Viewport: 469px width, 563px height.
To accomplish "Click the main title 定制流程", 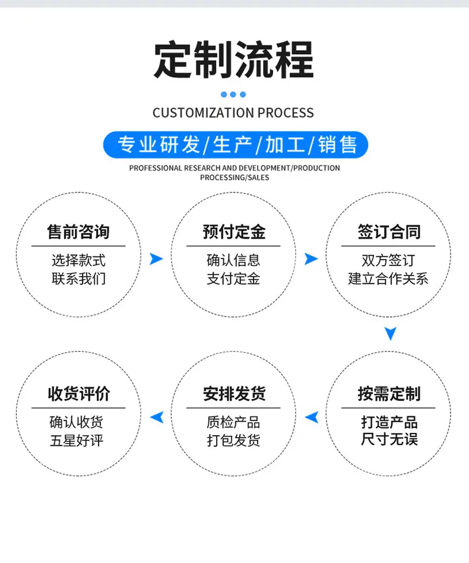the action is [233, 59].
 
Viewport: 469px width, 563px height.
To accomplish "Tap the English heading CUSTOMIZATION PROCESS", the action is [233, 113].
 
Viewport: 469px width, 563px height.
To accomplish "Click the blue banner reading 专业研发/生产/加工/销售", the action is [236, 145].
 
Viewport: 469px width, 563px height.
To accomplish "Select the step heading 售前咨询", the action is [78, 232].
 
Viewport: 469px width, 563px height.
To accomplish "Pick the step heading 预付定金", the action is [234, 232].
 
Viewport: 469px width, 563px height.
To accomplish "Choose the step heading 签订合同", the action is [389, 232].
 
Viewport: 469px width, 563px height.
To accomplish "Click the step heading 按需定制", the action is [389, 394].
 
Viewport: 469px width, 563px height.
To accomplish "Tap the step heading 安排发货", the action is [234, 394].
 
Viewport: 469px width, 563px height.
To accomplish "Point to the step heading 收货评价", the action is [78, 394].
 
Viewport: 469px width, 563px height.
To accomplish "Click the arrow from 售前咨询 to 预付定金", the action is [156, 259].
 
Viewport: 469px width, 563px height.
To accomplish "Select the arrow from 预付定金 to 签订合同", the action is [310, 259].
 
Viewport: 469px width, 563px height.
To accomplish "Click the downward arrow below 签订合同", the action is [391, 333].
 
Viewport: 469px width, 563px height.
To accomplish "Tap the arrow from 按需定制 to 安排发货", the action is [312, 417].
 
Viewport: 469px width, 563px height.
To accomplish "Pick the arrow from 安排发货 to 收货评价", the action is [157, 417].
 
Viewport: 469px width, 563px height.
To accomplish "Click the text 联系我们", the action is [78, 279].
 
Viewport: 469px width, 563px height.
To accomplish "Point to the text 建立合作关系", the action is [388, 279].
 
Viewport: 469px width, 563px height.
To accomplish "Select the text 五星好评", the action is [77, 441].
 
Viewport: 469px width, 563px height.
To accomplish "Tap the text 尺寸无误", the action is [389, 439].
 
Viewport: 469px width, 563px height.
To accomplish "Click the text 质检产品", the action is [233, 422].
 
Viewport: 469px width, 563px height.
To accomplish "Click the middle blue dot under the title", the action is [233, 94].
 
